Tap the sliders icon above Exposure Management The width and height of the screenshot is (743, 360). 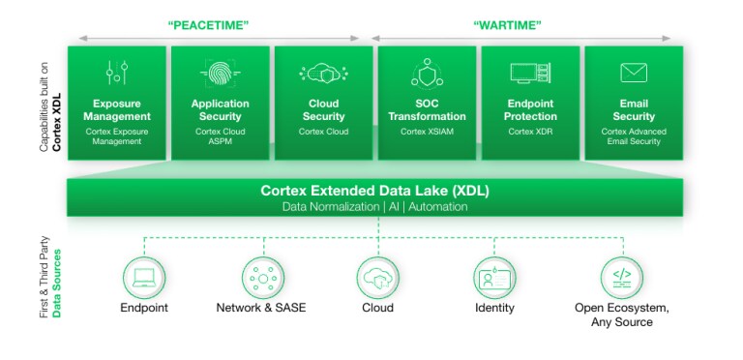117,73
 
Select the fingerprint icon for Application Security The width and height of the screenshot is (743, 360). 220,73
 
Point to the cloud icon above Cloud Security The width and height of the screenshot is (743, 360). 323,73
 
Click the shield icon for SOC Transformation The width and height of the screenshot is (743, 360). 428,73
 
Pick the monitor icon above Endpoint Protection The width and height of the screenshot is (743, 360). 529,73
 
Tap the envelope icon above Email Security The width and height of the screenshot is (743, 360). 634,73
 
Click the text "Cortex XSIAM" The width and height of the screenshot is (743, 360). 428,131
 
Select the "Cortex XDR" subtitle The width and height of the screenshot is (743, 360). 529,131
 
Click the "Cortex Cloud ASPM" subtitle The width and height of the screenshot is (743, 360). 221,136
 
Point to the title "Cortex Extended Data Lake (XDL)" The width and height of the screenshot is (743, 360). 375,190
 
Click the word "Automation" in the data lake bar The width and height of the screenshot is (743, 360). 438,207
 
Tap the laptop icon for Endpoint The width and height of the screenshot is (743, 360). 143,277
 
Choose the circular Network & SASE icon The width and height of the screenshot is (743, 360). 259,277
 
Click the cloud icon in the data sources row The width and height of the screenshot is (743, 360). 376,277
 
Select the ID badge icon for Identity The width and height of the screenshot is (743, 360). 493,277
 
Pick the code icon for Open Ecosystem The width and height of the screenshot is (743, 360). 621,277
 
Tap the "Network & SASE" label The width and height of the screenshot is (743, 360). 259,308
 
